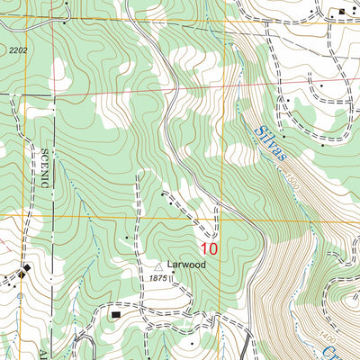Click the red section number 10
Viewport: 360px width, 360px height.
(x=210, y=247)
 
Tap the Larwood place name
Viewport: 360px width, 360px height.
(x=187, y=265)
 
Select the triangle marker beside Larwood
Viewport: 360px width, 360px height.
(x=160, y=266)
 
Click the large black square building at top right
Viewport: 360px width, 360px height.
(x=342, y=11)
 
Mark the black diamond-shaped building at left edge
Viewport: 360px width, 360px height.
(x=26, y=269)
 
